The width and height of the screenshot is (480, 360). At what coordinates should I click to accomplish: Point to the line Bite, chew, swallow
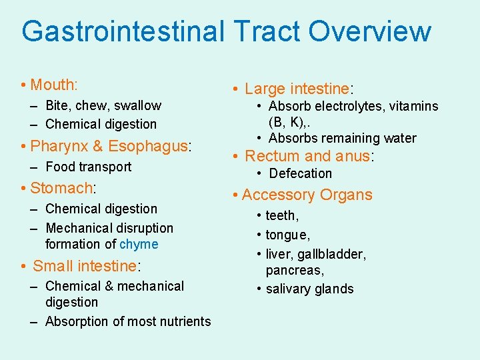[x=103, y=105]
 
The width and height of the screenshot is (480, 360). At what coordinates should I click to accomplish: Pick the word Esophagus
[x=149, y=146]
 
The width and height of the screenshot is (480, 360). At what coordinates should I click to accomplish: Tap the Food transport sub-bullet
[x=88, y=167]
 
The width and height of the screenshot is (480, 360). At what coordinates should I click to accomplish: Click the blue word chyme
[x=139, y=244]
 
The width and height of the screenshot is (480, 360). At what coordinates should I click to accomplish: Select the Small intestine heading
[x=85, y=266]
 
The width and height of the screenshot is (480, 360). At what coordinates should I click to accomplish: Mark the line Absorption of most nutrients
[x=128, y=321]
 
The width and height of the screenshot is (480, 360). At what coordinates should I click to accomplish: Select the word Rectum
[x=272, y=156]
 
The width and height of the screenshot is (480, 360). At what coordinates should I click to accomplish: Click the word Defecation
[x=300, y=173]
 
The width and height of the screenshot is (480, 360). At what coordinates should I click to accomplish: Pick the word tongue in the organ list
[x=287, y=235]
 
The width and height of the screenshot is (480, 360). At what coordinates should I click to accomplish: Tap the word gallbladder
[x=335, y=254]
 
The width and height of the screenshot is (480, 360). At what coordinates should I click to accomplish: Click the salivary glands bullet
[x=309, y=289]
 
